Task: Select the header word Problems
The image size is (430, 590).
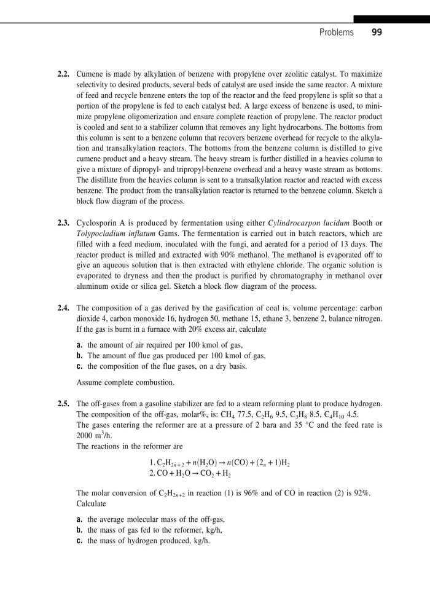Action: tap(337, 32)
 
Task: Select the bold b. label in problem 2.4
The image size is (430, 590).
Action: tap(80, 355)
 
